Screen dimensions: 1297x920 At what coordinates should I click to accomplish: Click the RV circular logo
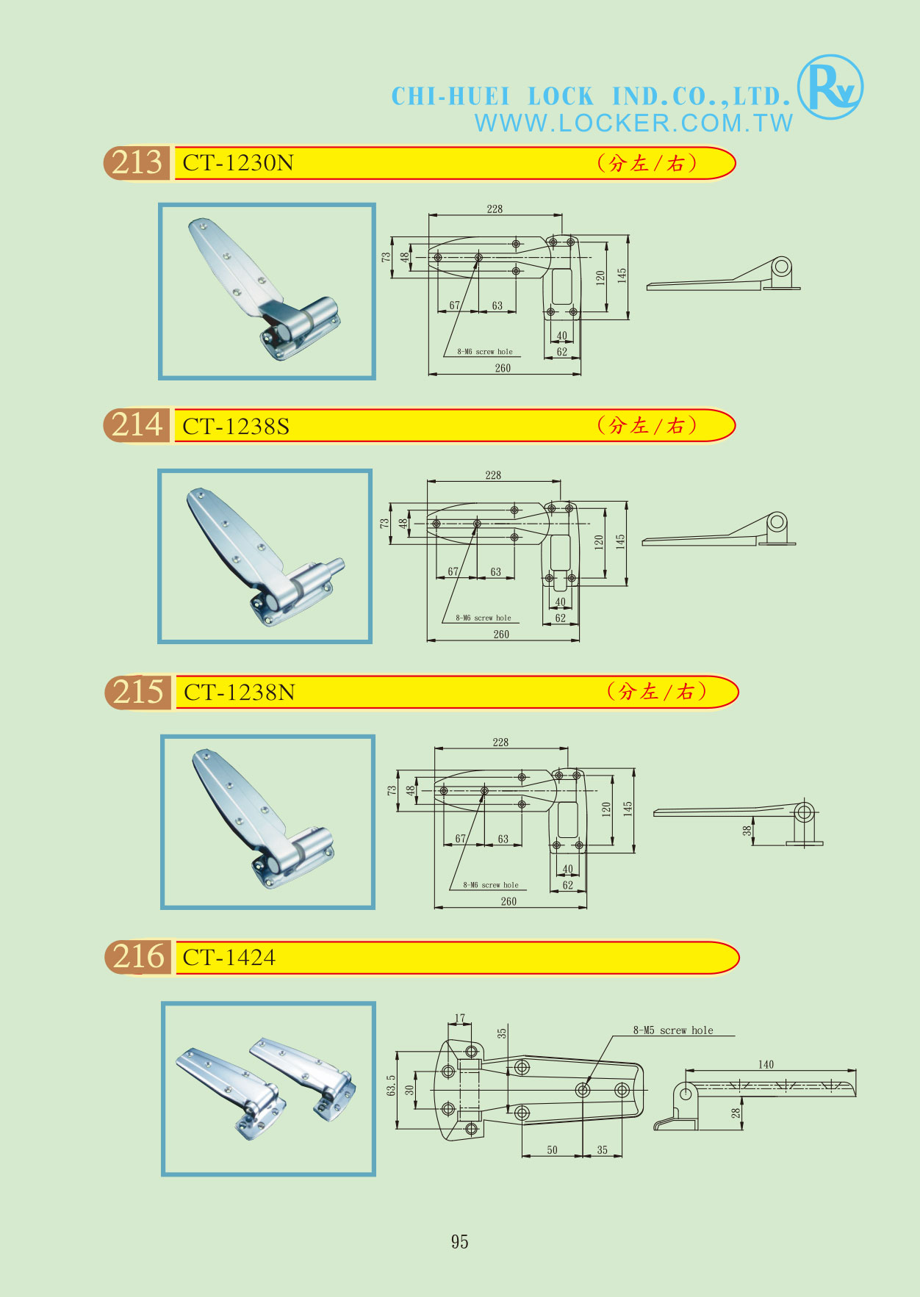tap(830, 87)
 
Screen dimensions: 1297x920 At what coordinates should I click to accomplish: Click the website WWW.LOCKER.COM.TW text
tap(633, 123)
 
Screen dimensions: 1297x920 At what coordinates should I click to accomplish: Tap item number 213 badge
tap(137, 162)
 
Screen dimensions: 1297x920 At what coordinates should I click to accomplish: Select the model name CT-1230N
tap(238, 162)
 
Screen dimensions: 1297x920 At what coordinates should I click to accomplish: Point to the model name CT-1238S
tap(236, 426)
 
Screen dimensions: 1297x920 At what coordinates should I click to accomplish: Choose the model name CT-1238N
tap(240, 692)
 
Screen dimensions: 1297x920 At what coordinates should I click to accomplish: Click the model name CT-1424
tap(229, 958)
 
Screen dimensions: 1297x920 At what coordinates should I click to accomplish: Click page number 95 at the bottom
tap(460, 1241)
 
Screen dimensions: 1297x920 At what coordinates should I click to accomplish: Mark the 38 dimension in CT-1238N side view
tap(747, 831)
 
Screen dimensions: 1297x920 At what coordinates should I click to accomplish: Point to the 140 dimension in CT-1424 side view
tap(766, 1064)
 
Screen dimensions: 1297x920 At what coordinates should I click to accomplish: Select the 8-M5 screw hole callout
tap(673, 1030)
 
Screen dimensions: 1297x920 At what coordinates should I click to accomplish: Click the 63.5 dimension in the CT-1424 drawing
tap(391, 1085)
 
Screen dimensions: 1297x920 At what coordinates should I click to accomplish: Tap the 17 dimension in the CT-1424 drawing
tap(460, 1018)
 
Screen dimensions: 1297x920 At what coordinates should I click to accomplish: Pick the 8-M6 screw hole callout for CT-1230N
tap(485, 352)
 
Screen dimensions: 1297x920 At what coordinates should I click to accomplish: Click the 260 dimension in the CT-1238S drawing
tap(501, 635)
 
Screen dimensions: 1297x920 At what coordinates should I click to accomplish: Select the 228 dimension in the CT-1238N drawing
tap(500, 743)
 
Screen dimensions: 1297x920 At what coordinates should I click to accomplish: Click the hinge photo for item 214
tap(265, 556)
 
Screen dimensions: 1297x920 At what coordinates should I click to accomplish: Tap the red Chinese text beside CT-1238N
tap(657, 691)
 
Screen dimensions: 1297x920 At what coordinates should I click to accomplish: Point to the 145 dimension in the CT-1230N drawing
tap(622, 275)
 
